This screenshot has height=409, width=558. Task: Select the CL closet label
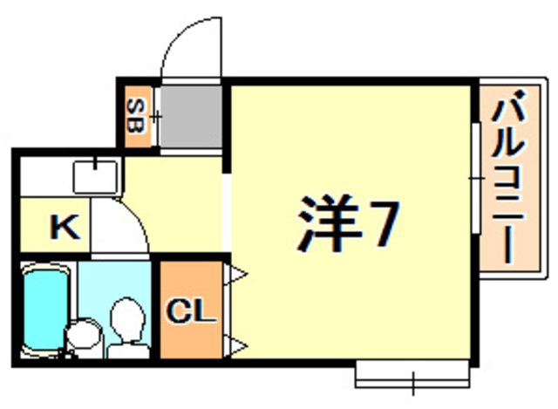pos(191,310)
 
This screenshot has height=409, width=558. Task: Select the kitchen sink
pos(95,176)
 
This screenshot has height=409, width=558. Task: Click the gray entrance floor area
pos(191,116)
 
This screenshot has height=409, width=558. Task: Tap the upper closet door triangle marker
pos(236,277)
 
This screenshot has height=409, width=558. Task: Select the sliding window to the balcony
pos(476,179)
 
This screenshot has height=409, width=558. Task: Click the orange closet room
pos(191,331)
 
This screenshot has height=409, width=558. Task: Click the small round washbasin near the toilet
pos(84,334)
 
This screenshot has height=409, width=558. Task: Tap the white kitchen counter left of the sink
pos(44,176)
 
